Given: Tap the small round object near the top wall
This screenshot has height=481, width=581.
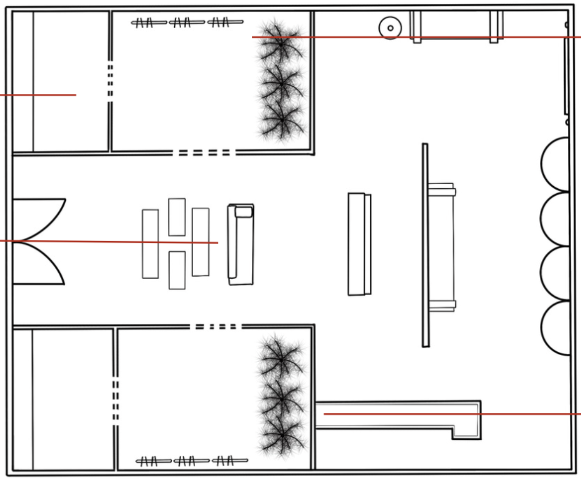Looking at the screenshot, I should click(x=390, y=28).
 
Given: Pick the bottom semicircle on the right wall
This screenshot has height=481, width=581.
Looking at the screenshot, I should click(x=556, y=327).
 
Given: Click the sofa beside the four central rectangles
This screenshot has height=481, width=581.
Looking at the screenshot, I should click(x=241, y=245).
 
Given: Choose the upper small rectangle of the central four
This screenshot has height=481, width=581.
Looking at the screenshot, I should click(x=177, y=217).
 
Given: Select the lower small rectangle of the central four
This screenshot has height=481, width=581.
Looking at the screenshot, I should click(x=177, y=270).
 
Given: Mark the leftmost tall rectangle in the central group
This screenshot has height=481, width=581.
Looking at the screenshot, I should click(x=150, y=244).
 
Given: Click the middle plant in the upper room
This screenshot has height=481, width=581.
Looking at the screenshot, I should click(x=281, y=83).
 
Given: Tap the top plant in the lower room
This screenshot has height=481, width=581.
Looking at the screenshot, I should click(x=281, y=354).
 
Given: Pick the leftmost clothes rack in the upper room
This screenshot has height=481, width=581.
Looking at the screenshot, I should click(x=149, y=23).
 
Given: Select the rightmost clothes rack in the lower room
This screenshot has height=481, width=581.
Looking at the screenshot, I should click(x=230, y=460).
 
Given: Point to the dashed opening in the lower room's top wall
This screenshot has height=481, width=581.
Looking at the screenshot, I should click(x=216, y=326).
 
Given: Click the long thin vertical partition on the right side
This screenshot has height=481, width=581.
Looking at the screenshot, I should click(x=425, y=245).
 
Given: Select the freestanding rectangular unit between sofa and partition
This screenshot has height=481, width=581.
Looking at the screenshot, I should click(x=359, y=244).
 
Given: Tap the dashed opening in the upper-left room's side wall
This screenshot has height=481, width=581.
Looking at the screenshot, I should click(x=110, y=80).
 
